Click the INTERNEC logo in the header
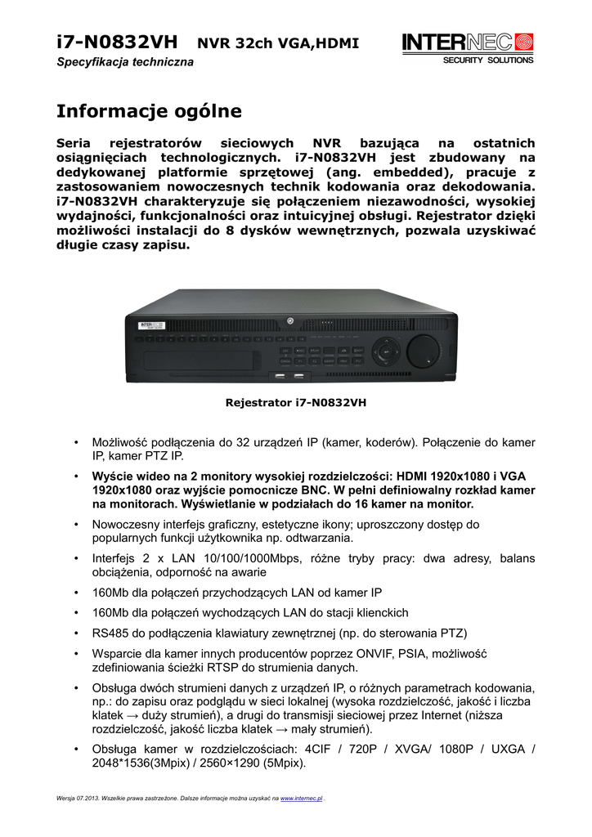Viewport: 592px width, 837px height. pos(467,43)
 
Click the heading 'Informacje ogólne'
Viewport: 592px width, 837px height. pos(149,110)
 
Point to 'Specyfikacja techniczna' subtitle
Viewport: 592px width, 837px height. pos(125,63)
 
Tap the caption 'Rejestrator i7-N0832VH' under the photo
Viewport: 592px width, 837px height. pos(295,402)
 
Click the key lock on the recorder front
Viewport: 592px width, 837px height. pos(289,321)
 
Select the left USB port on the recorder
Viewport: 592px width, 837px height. pos(280,376)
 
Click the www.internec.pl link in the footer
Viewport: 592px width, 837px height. pos(302,797)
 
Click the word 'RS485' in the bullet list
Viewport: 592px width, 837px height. pos(110,633)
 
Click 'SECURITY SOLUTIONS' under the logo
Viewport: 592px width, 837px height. pos(487,60)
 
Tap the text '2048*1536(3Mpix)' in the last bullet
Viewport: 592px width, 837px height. pos(141,763)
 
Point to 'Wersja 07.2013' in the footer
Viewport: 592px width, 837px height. pos(80,797)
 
